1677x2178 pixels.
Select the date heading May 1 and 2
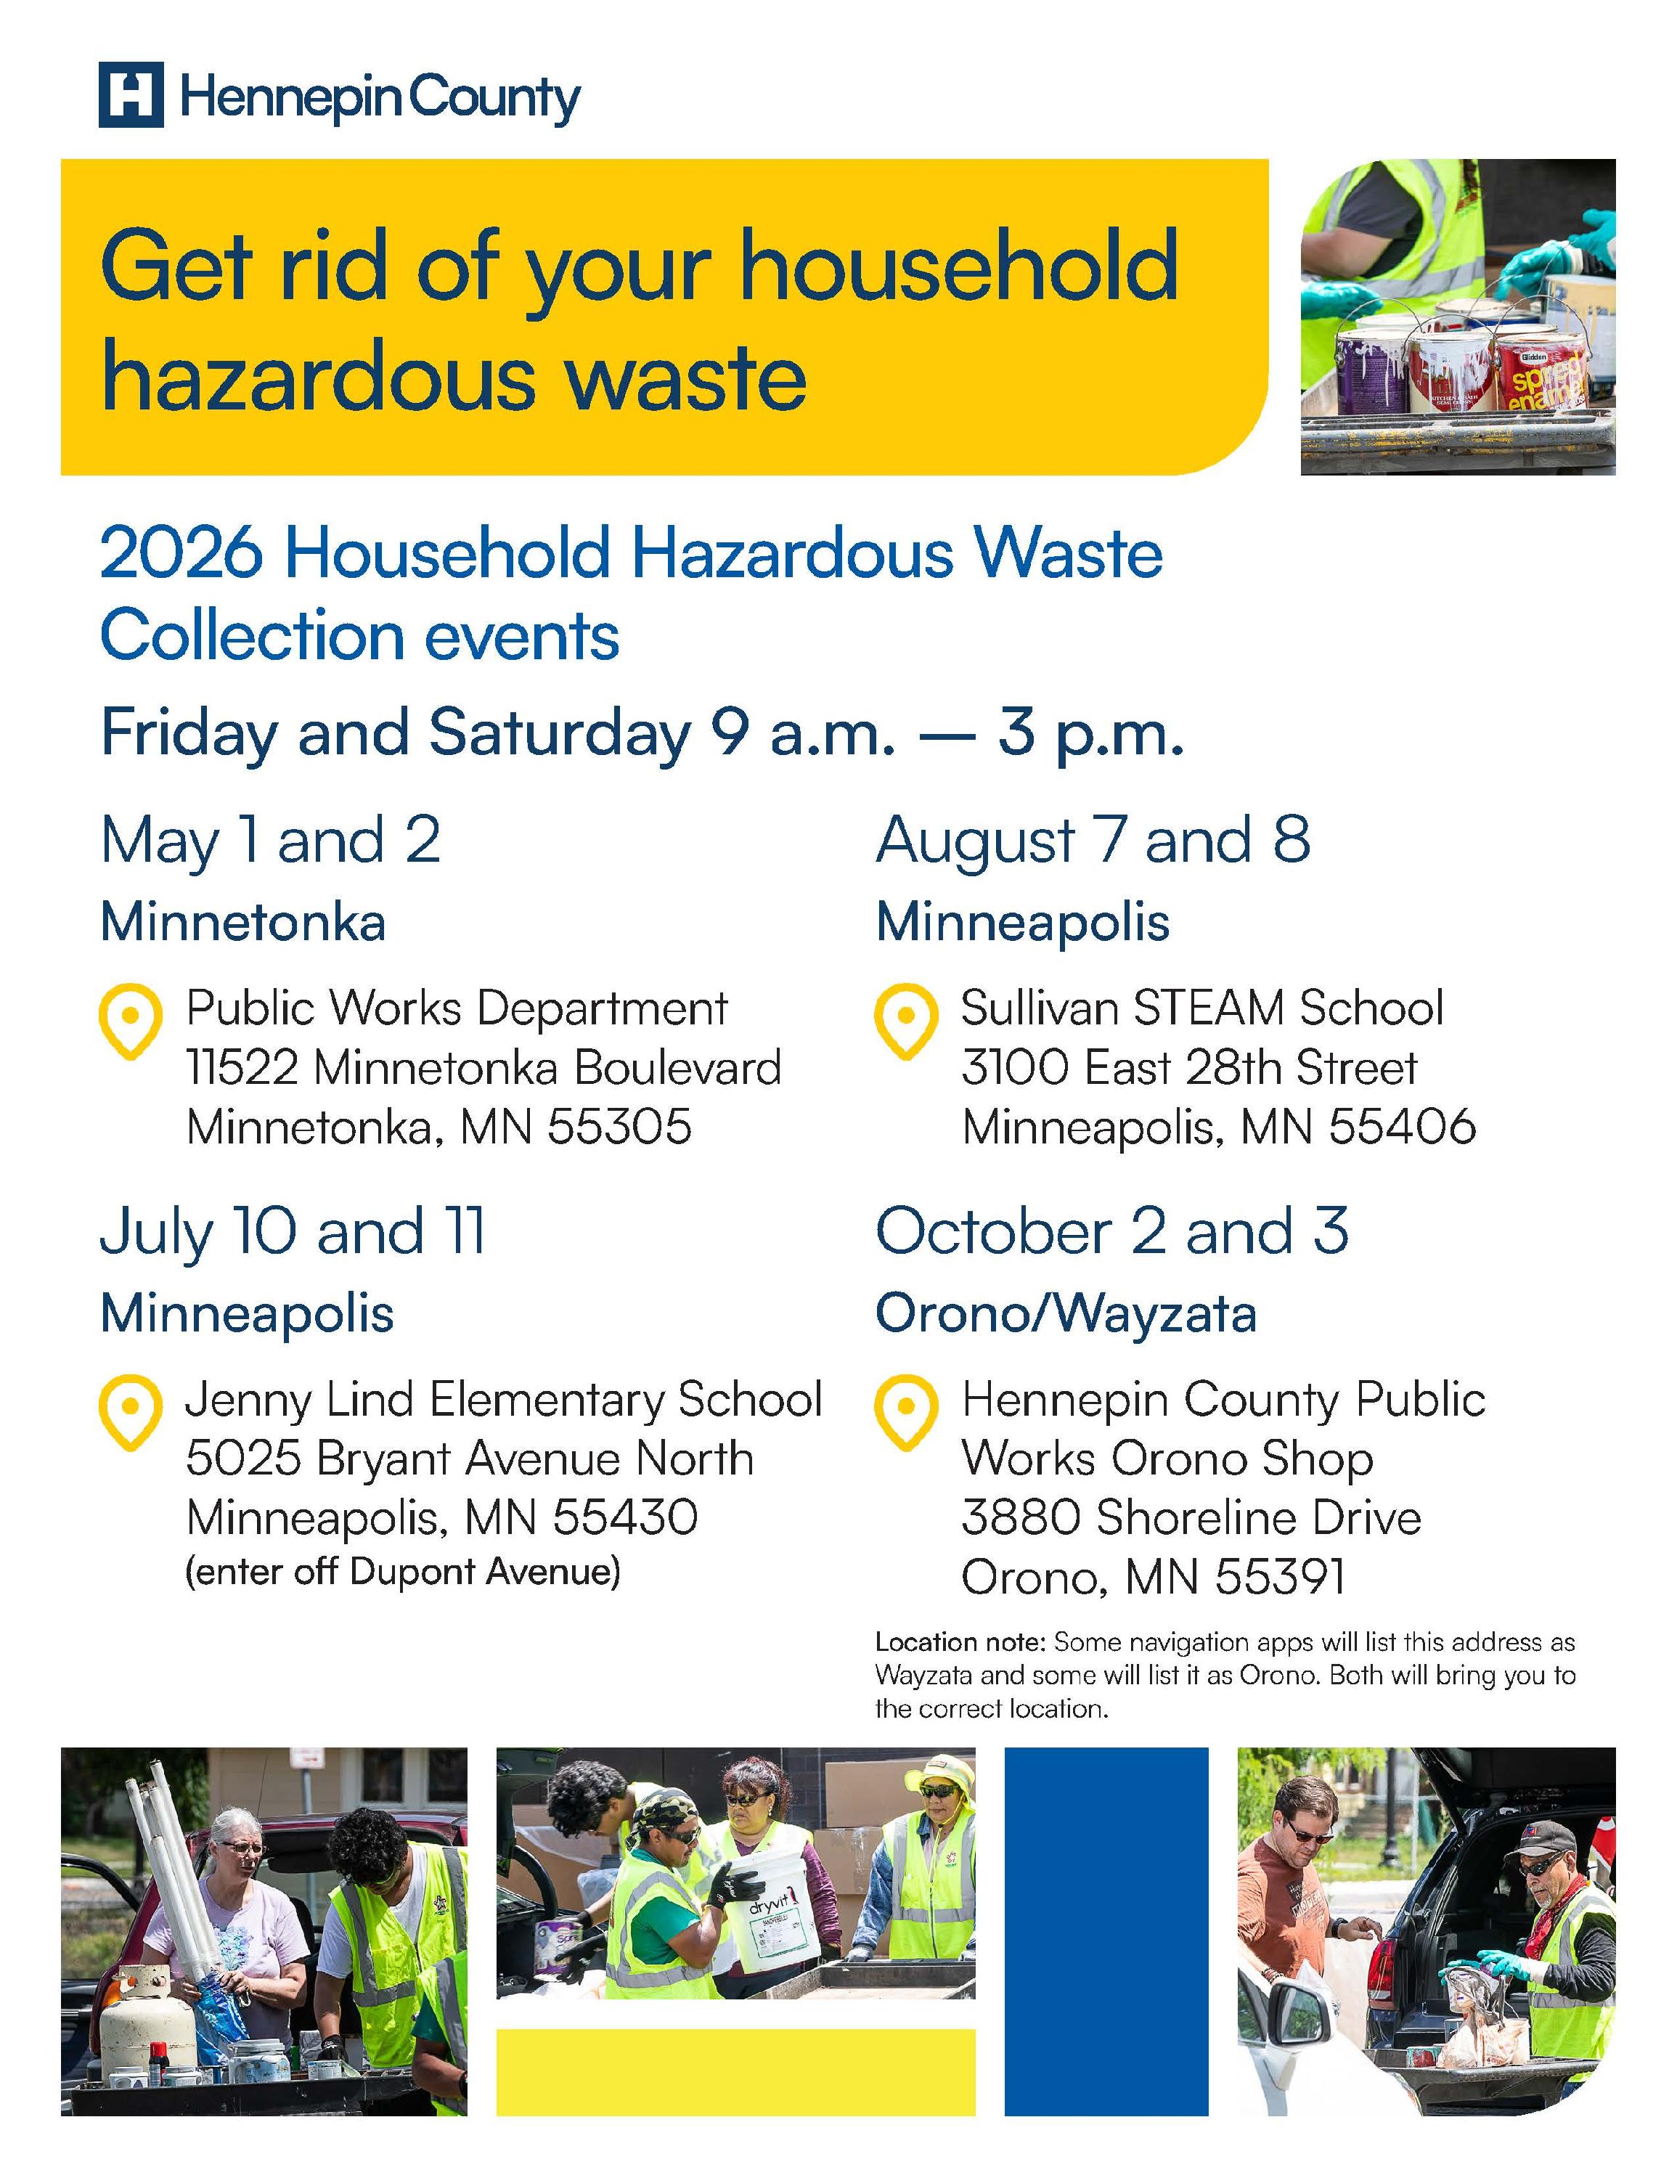(270, 840)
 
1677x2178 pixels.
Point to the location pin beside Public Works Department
(131, 1020)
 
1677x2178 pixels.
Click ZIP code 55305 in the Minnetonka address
(619, 1128)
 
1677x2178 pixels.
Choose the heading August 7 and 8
(1093, 840)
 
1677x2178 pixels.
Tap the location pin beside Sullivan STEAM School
(905, 1020)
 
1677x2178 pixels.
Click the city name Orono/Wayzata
(1065, 1313)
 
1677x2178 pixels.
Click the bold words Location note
(958, 1641)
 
